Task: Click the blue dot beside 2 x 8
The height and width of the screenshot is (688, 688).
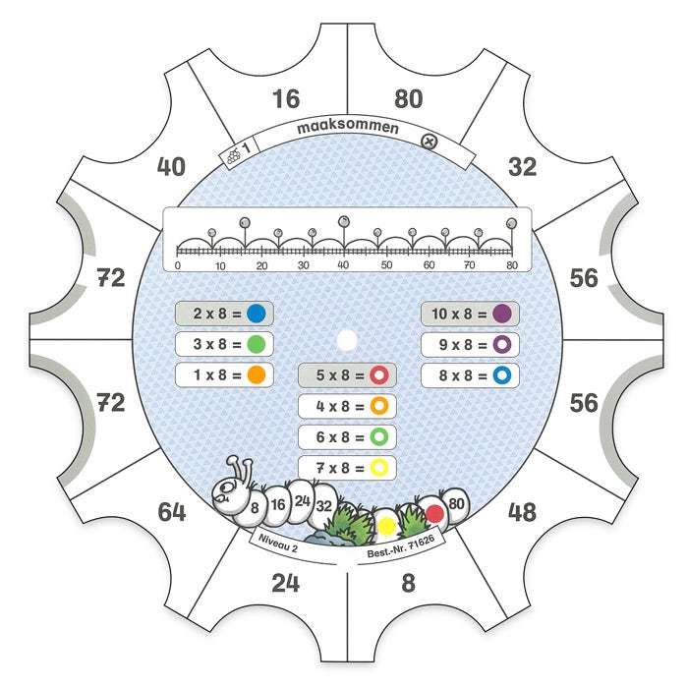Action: [x=257, y=314]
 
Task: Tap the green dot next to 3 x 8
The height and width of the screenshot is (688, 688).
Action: [x=257, y=344]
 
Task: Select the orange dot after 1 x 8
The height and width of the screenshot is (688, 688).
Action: [x=257, y=374]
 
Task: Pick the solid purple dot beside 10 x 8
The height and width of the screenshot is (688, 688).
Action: [x=501, y=314]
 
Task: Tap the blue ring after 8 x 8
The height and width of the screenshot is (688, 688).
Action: [x=501, y=374]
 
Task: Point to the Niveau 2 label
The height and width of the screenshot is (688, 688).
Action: [x=279, y=542]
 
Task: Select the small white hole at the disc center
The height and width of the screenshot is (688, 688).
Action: [x=346, y=340]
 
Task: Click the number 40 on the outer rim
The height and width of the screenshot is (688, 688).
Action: [x=171, y=167]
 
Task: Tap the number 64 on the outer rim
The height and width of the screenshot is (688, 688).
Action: [x=172, y=512]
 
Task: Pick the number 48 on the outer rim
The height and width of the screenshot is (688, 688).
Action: [x=521, y=512]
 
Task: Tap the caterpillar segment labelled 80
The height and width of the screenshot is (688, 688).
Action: [x=454, y=504]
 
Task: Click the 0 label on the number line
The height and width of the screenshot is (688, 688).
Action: [x=177, y=265]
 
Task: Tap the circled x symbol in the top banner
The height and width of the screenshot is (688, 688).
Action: [x=429, y=142]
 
